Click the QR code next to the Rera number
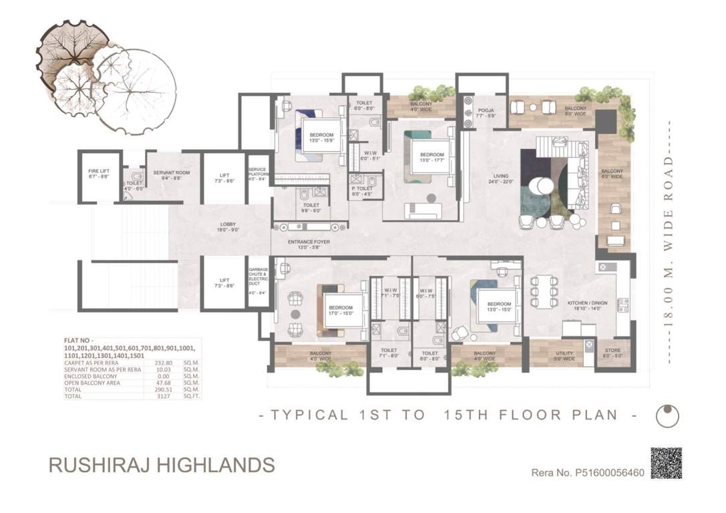pyautogui.click(x=666, y=463)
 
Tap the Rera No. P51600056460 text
pyautogui.click(x=587, y=473)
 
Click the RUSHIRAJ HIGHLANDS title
pyautogui.click(x=162, y=464)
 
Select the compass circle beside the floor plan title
pyautogui.click(x=667, y=415)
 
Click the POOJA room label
pyautogui.click(x=486, y=112)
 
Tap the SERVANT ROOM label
pyautogui.click(x=171, y=176)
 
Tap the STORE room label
pyautogui.click(x=612, y=354)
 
